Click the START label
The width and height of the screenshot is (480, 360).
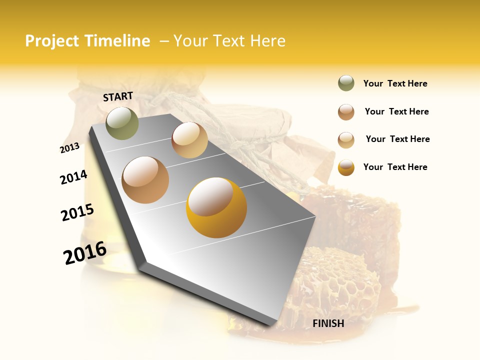point(118,96)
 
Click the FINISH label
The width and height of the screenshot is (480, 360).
point(328,323)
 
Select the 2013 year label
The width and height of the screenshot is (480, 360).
point(69,147)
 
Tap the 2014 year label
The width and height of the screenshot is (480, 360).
point(73,177)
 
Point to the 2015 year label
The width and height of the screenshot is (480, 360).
point(77,212)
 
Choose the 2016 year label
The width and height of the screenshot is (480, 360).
point(85,253)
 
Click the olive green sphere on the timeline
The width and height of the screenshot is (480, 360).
point(122,123)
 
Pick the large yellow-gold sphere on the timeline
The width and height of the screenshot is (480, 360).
point(216,207)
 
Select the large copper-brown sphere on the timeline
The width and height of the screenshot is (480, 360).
point(145,180)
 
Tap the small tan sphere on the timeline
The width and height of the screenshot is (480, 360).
point(189,140)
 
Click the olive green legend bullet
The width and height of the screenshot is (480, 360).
point(346,83)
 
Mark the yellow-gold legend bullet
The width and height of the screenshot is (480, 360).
point(346,167)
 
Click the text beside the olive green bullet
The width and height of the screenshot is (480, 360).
point(395,83)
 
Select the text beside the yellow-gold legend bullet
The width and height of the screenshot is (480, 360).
point(395,167)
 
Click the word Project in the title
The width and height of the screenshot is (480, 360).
point(52,41)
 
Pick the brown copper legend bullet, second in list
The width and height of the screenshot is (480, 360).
point(346,112)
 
